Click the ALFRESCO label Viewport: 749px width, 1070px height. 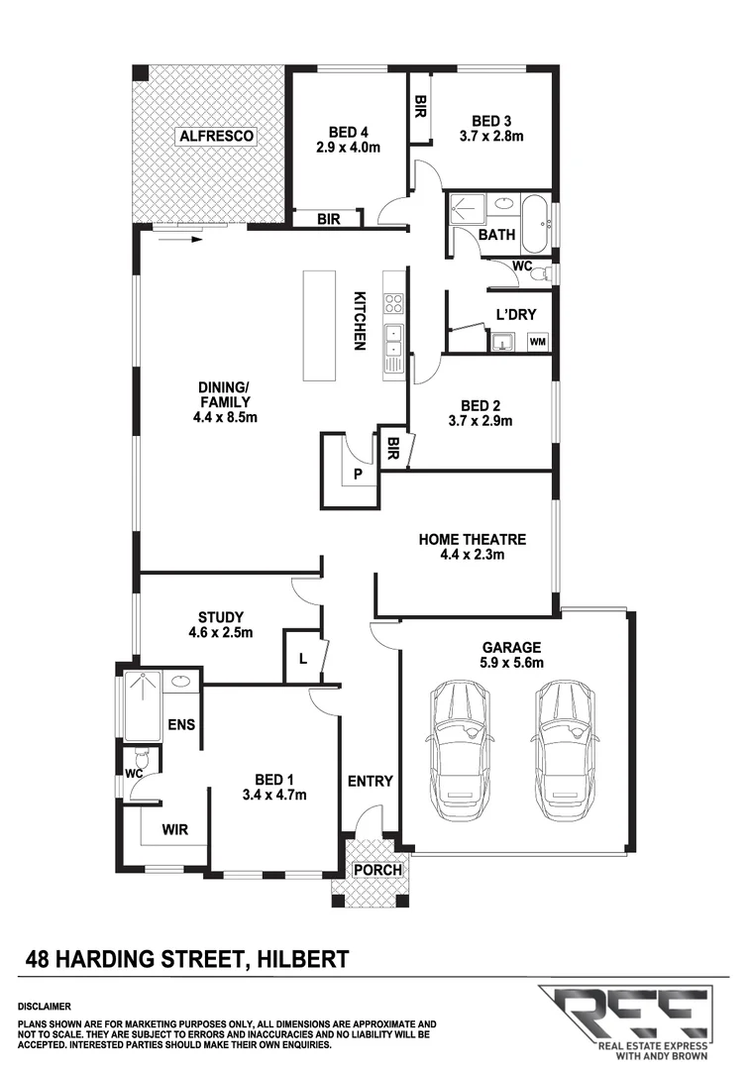coord(216,135)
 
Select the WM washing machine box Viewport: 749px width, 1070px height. coord(538,342)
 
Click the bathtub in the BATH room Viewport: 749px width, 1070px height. coord(535,224)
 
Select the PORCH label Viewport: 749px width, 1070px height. coord(377,870)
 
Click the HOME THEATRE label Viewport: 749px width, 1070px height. coord(472,539)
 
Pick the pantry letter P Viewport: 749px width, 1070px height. coord(359,475)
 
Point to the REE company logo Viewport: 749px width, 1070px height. coord(629,1016)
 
